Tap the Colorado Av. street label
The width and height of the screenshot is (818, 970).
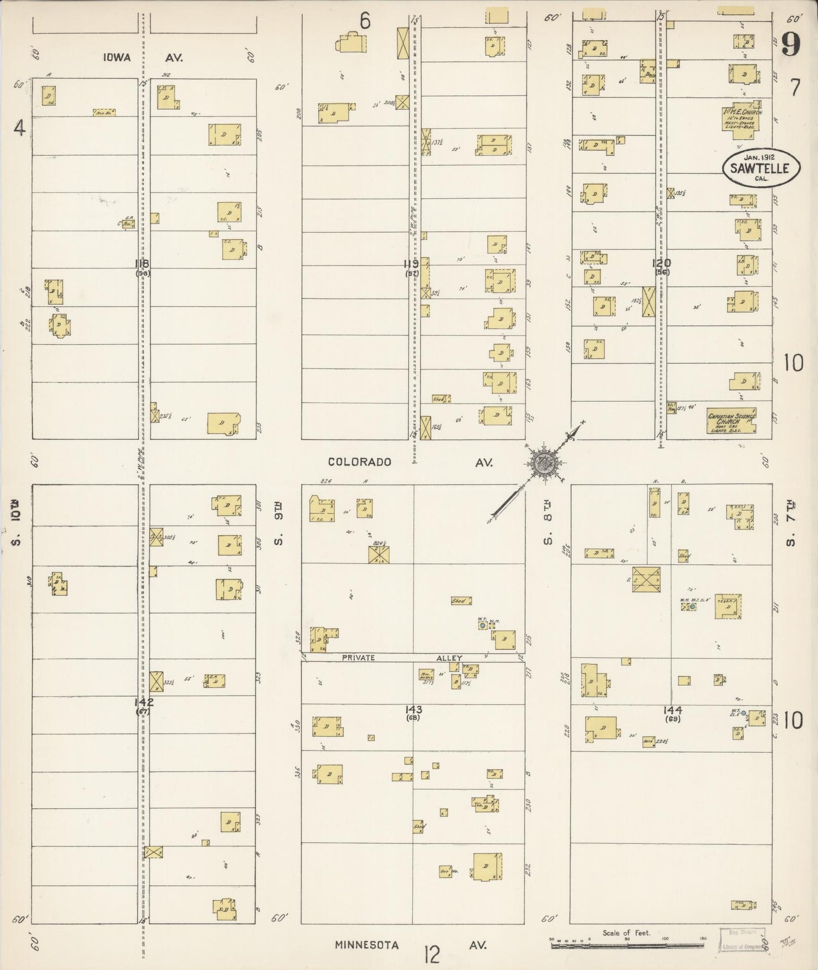(x=410, y=462)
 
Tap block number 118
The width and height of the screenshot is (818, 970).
(x=142, y=263)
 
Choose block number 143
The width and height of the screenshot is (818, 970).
(x=414, y=709)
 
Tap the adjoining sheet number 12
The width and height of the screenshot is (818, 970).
(x=431, y=956)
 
